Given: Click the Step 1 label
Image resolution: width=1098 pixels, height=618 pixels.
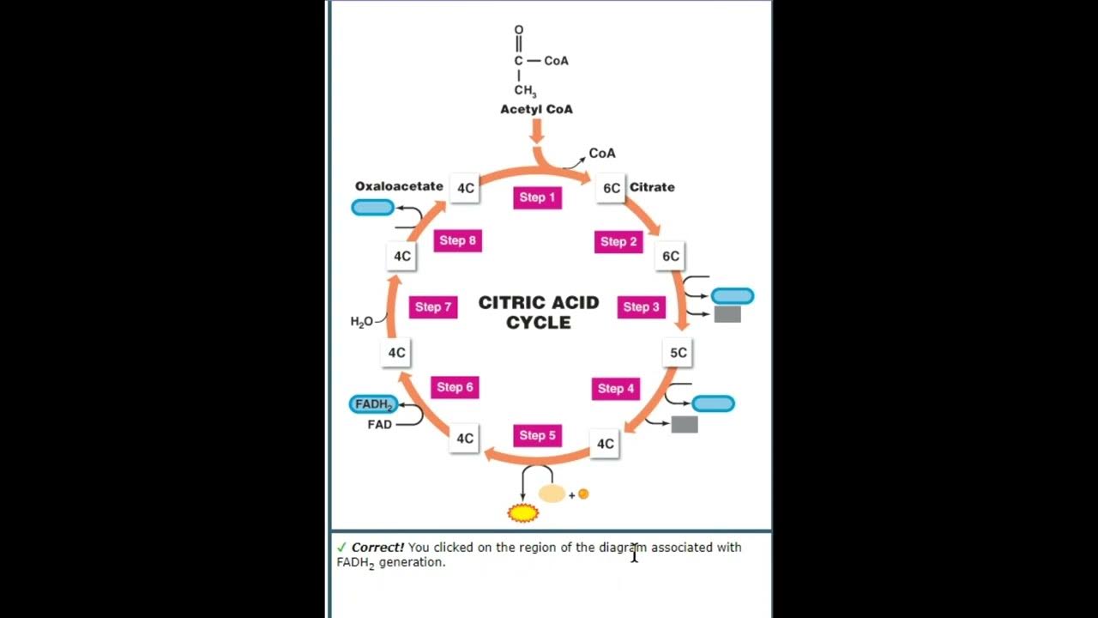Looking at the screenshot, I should point(537,197).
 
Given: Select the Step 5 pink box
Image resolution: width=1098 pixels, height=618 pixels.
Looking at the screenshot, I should point(537,435).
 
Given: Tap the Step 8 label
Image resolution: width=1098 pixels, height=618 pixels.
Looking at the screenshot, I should point(457,240).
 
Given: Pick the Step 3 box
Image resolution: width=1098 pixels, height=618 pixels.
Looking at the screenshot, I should point(642,306).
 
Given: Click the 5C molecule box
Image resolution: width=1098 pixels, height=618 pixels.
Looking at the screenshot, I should point(679,352).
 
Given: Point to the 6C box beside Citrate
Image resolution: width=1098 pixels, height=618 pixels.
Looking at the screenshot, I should point(611,187).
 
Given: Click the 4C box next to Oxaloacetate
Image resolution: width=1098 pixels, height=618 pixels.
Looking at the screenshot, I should point(465,188).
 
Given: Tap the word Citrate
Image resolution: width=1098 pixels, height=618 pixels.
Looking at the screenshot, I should point(652,187).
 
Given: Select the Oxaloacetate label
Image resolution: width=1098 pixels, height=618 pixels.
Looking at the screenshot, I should point(399,186).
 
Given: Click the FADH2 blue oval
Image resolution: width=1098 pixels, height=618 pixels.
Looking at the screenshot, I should point(373,404).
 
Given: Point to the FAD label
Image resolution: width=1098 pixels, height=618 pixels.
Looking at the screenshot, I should point(379,424).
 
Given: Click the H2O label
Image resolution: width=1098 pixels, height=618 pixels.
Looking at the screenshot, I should point(361,322).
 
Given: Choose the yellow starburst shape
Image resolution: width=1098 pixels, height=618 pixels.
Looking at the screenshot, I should point(523,513).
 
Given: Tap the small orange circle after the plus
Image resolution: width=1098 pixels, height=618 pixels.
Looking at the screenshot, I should point(583,494).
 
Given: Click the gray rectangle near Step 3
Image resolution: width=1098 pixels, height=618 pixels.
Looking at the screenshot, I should point(727,315).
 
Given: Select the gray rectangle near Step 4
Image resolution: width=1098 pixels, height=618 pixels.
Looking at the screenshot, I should point(685,424).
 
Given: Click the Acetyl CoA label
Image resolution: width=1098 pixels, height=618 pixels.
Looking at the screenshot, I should point(536,109).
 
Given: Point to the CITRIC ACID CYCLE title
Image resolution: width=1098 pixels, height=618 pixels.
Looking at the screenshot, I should point(539,312).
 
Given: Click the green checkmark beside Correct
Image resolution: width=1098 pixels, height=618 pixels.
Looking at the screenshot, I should point(341,547).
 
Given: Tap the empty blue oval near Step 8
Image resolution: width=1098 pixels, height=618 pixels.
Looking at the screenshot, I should point(373,208).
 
